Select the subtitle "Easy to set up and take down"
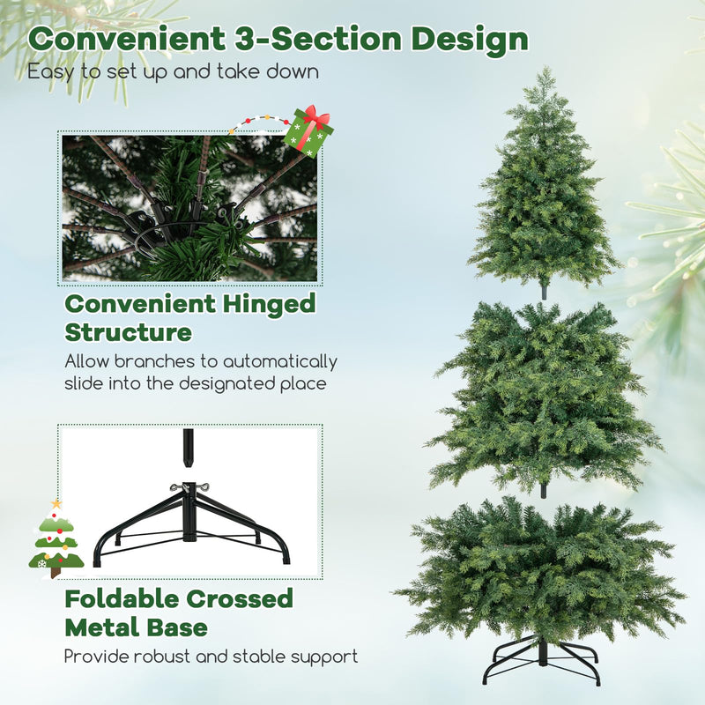click(x=173, y=71)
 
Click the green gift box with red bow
click(x=308, y=132)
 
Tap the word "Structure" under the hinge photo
click(x=129, y=333)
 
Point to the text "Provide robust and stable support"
click(x=211, y=657)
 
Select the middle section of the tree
click(x=542, y=392)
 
